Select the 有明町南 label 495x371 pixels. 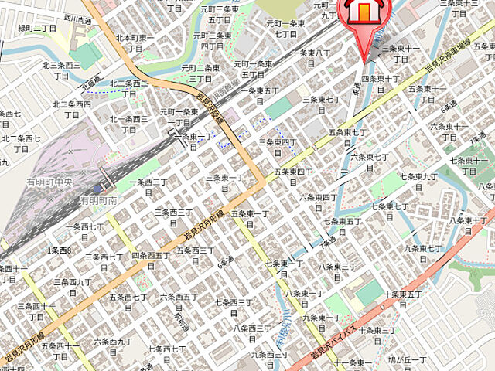click(98, 200)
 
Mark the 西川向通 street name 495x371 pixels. click(77, 19)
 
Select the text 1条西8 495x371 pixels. click(59, 250)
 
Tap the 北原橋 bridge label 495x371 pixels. click(94, 80)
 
